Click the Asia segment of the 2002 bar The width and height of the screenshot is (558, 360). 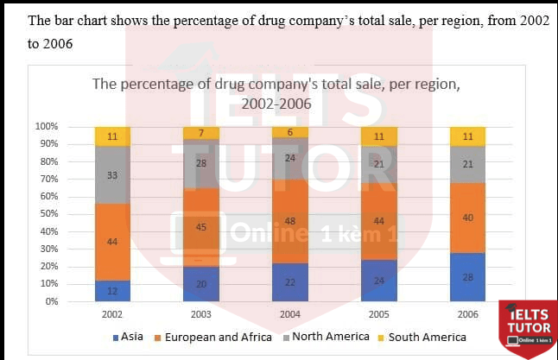pos(112,291)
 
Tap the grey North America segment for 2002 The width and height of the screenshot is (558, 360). pos(112,174)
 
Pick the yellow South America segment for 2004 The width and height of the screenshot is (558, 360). pos(290,132)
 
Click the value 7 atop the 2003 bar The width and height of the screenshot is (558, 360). pos(201,133)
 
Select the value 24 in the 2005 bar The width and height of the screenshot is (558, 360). pos(379,281)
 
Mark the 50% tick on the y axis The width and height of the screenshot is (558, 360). pos(49,214)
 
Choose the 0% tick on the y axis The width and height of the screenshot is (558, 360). pos(52,301)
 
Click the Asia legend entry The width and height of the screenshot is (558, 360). pos(129,337)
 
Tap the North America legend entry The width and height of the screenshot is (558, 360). pos(329,337)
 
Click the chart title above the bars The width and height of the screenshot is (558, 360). pos(276,93)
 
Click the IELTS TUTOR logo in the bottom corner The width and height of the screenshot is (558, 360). pos(527,328)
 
